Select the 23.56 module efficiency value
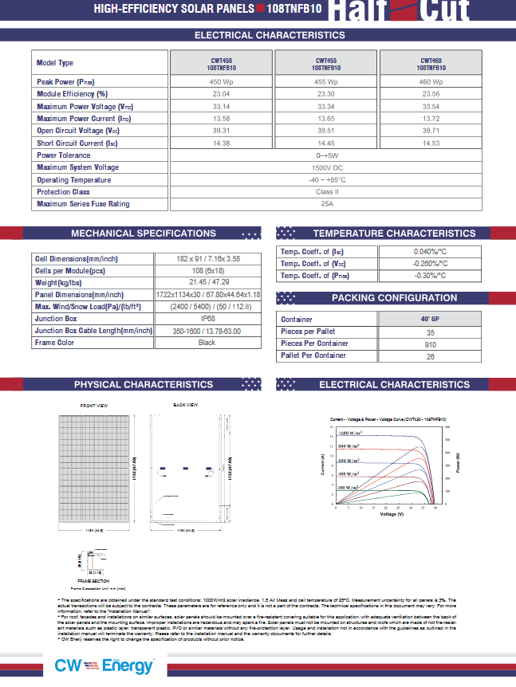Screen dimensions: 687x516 click(431, 94)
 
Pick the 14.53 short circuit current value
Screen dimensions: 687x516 click(431, 143)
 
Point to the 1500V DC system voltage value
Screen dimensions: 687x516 click(326, 168)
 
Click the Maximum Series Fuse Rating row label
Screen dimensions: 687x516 click(83, 205)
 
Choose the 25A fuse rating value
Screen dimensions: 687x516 click(326, 205)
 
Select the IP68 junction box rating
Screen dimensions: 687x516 click(207, 318)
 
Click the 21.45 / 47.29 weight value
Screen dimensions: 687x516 click(207, 282)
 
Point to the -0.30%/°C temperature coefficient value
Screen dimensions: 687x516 click(431, 276)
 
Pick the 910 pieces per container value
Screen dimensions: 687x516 click(431, 343)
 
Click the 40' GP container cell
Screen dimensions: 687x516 click(431, 319)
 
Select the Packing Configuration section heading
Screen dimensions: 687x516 click(394, 298)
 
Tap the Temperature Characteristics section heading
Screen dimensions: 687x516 click(394, 234)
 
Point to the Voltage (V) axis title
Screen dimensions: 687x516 click(392, 514)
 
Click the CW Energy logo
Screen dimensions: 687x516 click(104, 666)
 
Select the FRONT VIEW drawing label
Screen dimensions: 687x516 click(94, 406)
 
